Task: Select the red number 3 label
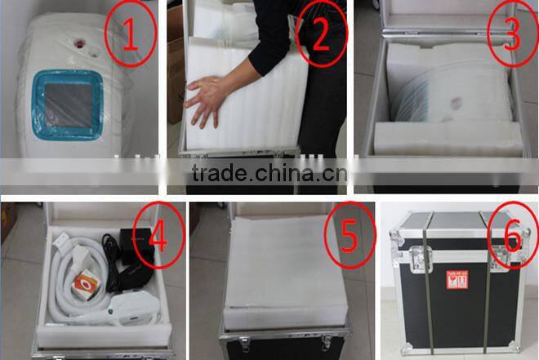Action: coord(508,31)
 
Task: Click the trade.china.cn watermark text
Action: coord(269,174)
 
